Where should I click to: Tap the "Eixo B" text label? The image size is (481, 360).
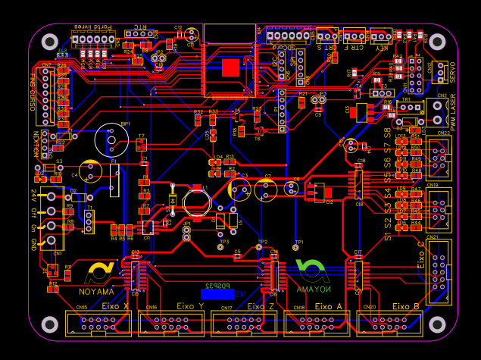point(406,306)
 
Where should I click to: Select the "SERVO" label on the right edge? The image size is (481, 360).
point(453,72)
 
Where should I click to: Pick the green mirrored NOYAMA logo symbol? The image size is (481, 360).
point(311,271)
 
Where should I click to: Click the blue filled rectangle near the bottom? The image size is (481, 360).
point(217,293)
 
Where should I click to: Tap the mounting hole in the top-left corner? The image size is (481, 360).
point(51,42)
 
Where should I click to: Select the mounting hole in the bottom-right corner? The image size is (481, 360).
point(437,324)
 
